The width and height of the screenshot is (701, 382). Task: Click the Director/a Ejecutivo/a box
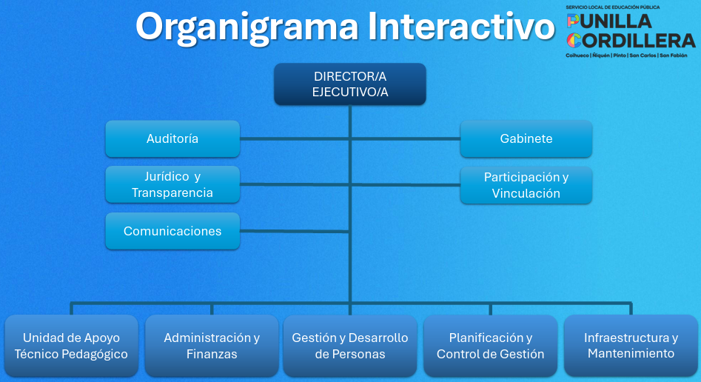350,84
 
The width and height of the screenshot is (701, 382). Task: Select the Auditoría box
172,138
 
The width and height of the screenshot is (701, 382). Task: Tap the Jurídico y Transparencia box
172,184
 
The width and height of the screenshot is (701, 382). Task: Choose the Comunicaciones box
172,231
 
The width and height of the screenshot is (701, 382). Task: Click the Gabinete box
526,138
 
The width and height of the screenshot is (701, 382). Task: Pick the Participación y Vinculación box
526,185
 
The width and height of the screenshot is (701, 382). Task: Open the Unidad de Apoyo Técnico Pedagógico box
71,346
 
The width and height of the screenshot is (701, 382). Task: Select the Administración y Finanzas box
212,346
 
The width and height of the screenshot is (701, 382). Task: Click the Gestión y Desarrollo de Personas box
350,346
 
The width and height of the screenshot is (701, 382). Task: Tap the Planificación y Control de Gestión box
490,346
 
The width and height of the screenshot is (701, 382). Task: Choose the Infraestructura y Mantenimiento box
631,346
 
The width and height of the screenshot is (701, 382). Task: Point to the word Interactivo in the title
460,27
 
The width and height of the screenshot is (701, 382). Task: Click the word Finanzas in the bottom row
212,354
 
